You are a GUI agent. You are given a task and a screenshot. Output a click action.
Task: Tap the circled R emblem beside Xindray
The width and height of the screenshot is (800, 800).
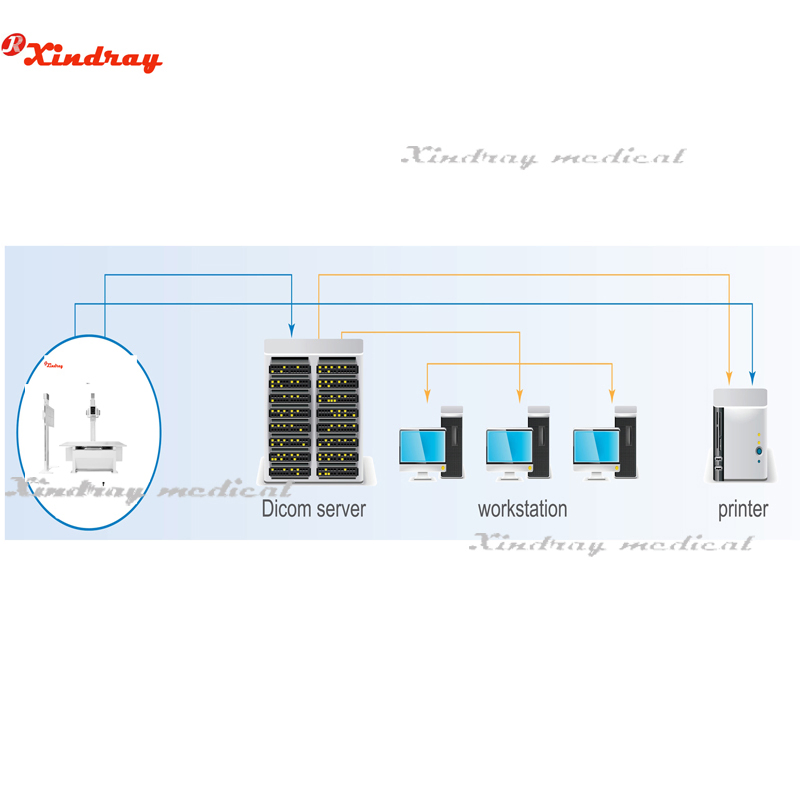[13, 44]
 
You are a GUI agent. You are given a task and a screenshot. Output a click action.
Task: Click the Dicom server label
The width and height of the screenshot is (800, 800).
[313, 509]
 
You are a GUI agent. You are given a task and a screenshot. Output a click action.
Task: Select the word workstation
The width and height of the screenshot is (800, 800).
[522, 509]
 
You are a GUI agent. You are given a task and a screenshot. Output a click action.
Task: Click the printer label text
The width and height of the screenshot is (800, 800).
[743, 510]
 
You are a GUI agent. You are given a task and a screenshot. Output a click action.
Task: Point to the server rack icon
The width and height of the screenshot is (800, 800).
[314, 411]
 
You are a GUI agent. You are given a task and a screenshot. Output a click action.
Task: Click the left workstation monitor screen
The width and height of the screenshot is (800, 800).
[422, 445]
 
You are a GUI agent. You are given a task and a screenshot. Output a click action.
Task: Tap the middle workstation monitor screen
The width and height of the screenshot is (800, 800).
[509, 445]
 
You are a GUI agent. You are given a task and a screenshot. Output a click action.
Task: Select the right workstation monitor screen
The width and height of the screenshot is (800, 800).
[596, 445]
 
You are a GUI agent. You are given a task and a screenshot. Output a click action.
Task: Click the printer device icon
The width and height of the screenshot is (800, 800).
[740, 436]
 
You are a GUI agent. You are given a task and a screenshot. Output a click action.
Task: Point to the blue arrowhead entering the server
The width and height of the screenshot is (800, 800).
[291, 330]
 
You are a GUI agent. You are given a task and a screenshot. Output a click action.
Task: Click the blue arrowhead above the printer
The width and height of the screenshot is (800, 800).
[752, 378]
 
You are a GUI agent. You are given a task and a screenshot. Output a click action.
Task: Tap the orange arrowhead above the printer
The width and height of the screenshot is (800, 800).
[729, 378]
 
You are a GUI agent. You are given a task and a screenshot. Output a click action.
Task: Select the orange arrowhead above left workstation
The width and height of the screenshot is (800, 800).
[427, 395]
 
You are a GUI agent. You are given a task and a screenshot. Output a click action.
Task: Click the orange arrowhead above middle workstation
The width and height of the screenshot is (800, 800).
[519, 395]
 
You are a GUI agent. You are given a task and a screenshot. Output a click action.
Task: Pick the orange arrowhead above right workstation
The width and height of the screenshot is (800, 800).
[612, 395]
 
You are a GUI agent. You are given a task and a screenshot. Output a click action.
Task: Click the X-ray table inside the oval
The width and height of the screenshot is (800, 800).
[93, 456]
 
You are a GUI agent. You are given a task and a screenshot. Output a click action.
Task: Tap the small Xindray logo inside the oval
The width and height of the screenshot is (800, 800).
[54, 365]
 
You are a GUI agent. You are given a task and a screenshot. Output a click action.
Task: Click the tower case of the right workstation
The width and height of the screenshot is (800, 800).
[627, 442]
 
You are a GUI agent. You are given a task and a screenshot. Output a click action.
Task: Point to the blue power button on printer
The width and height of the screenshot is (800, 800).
[759, 451]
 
